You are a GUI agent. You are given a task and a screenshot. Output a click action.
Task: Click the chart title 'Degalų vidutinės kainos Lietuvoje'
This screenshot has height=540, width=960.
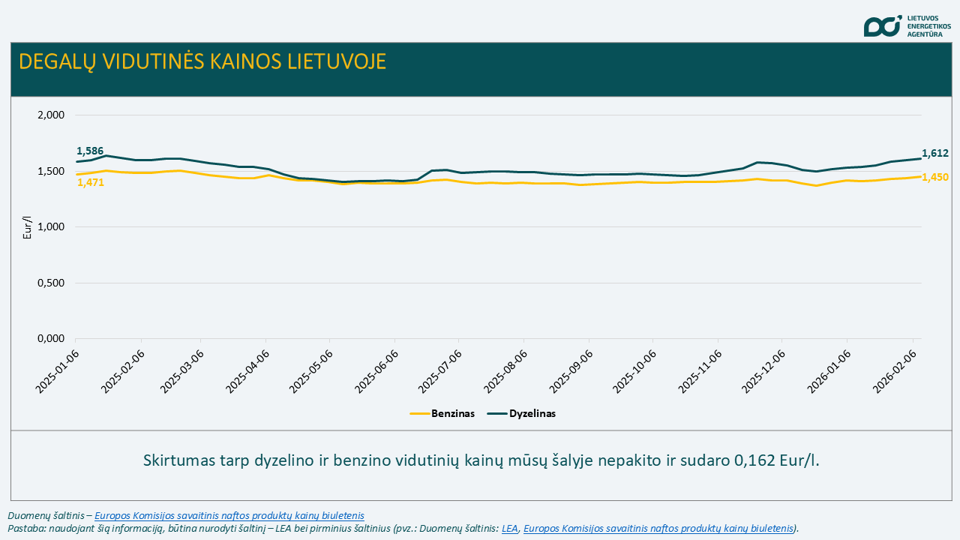[x=202, y=61]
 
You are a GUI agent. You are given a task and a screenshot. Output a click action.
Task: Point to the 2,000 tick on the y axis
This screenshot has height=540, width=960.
[x=50, y=115]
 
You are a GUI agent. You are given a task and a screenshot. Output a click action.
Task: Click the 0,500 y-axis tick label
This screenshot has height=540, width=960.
[x=50, y=283]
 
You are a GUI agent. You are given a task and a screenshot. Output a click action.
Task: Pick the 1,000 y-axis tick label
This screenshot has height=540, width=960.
[x=50, y=227]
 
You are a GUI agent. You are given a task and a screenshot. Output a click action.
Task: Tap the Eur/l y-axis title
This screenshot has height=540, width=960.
[x=28, y=227]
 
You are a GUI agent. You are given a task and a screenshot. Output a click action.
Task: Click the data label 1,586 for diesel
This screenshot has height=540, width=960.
[x=90, y=151]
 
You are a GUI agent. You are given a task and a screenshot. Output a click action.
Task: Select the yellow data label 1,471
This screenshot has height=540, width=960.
[x=90, y=182]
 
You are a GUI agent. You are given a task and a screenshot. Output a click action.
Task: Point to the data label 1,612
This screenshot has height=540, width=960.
[x=935, y=153]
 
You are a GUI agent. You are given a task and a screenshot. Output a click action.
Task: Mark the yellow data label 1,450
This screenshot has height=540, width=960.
[x=935, y=177]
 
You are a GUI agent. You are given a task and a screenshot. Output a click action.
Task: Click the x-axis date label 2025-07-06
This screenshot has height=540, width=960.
[x=440, y=370]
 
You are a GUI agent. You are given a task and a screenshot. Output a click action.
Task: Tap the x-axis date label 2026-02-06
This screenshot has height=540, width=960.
[x=894, y=370]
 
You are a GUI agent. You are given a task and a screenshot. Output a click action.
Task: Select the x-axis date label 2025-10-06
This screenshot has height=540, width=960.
[x=634, y=370]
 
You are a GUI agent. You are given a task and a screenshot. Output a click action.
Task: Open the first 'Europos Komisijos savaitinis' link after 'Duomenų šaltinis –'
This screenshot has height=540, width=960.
[x=229, y=516]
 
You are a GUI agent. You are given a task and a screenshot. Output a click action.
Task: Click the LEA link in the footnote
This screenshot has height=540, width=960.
[x=510, y=528]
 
